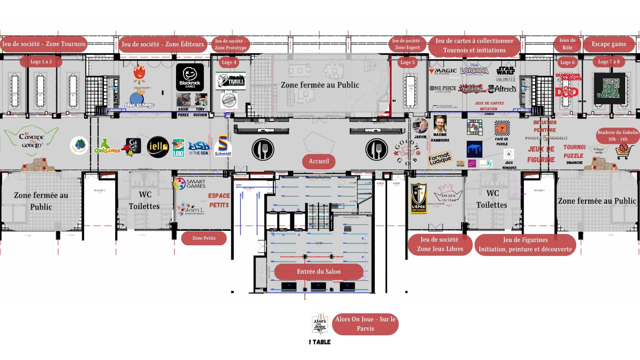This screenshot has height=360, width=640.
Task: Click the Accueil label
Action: [319, 161]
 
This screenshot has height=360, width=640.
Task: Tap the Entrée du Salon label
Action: [319, 272]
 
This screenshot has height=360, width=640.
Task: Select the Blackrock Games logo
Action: [190, 77]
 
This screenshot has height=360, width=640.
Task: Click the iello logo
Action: [158, 147]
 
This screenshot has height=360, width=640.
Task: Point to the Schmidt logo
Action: [223, 146]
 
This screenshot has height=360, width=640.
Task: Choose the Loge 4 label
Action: [229, 62]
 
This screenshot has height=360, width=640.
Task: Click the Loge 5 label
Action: [407, 62]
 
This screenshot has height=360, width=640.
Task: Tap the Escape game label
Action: [609, 44]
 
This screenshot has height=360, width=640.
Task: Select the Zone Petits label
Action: [204, 238]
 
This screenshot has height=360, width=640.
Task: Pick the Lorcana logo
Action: [474, 70]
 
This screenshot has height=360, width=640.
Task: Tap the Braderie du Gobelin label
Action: [618, 136]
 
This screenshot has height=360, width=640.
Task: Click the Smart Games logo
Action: [189, 184]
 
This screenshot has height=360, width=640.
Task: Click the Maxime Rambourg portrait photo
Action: [440, 124]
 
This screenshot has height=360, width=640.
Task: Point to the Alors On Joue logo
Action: [320, 324]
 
